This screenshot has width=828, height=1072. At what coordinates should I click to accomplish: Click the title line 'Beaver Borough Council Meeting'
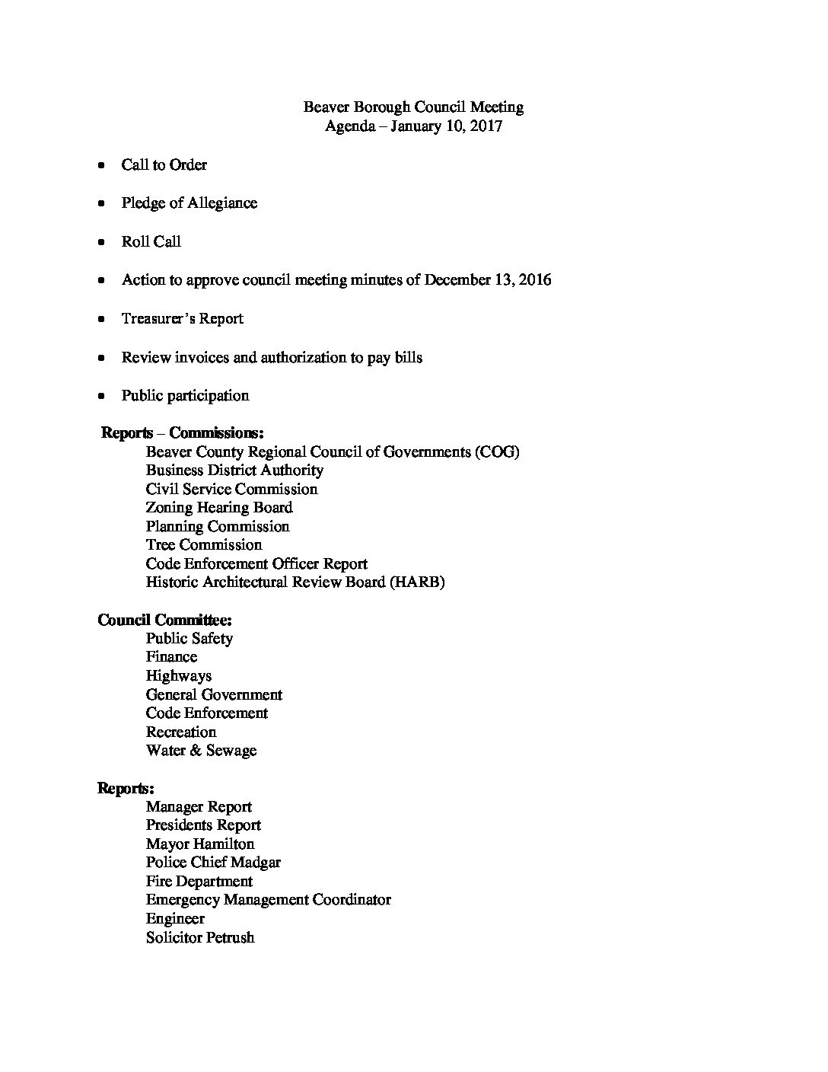(x=413, y=107)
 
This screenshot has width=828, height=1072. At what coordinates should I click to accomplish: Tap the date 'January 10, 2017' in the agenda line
(x=447, y=126)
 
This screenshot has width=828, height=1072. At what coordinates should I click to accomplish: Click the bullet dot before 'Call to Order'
(x=101, y=165)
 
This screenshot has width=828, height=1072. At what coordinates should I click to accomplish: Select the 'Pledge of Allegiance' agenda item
(x=189, y=203)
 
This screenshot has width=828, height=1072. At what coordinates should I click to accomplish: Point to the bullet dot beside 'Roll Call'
(x=101, y=242)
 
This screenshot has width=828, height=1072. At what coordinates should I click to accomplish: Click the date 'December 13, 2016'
(x=487, y=280)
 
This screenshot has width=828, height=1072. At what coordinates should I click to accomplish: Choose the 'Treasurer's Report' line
(x=182, y=319)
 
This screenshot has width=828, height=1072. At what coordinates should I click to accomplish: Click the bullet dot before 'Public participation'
(x=101, y=396)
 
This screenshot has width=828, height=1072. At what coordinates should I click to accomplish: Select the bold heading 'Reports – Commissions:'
(x=183, y=433)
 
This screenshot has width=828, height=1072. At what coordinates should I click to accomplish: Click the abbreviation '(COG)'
(x=497, y=452)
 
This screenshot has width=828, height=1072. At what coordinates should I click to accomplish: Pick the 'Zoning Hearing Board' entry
(x=219, y=508)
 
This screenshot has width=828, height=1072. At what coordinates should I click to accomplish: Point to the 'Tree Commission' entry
(x=204, y=545)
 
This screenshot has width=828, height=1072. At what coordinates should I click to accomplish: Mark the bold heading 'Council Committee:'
(x=164, y=621)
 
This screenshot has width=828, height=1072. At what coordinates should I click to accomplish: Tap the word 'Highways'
(x=179, y=676)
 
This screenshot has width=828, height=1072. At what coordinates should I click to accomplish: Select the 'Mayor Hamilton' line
(x=200, y=844)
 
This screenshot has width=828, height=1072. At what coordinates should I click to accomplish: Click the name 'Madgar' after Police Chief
(x=255, y=863)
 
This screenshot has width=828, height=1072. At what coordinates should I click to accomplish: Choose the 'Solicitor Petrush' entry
(x=200, y=937)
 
